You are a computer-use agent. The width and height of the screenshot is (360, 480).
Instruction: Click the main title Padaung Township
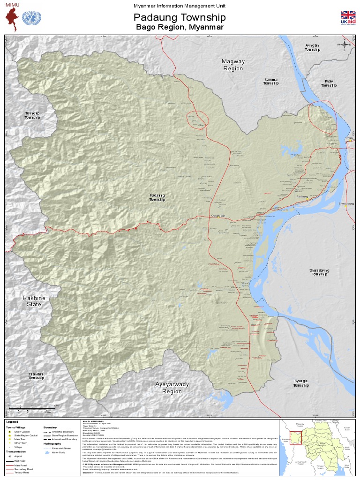click(x=180, y=18)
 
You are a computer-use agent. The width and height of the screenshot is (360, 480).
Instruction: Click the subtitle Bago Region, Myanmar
click(x=180, y=28)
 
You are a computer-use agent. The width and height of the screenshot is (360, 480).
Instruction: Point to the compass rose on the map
click(x=345, y=45)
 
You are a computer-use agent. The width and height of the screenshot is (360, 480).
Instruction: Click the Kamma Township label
click(x=271, y=82)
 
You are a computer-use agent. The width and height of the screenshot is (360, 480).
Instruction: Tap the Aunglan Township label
click(x=312, y=47)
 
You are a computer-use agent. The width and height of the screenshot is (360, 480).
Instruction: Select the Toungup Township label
click(x=32, y=115)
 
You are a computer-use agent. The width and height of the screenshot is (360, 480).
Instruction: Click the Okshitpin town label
click(x=218, y=216)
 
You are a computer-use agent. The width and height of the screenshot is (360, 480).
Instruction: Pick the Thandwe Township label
click(x=36, y=376)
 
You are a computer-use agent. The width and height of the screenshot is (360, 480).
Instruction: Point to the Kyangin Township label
click(x=301, y=383)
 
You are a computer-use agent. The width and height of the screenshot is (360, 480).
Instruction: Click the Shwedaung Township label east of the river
click(x=320, y=272)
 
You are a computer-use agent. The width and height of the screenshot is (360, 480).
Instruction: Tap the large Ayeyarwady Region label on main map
click(x=172, y=388)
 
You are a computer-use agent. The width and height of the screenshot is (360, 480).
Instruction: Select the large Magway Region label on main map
click(x=233, y=65)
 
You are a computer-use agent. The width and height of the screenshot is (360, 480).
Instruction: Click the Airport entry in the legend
click(x=18, y=456)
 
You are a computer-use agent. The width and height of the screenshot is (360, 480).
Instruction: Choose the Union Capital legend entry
click(x=22, y=432)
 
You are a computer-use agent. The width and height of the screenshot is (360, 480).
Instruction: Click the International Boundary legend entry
click(x=65, y=439)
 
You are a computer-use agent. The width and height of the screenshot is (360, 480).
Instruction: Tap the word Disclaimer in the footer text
click(x=89, y=473)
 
